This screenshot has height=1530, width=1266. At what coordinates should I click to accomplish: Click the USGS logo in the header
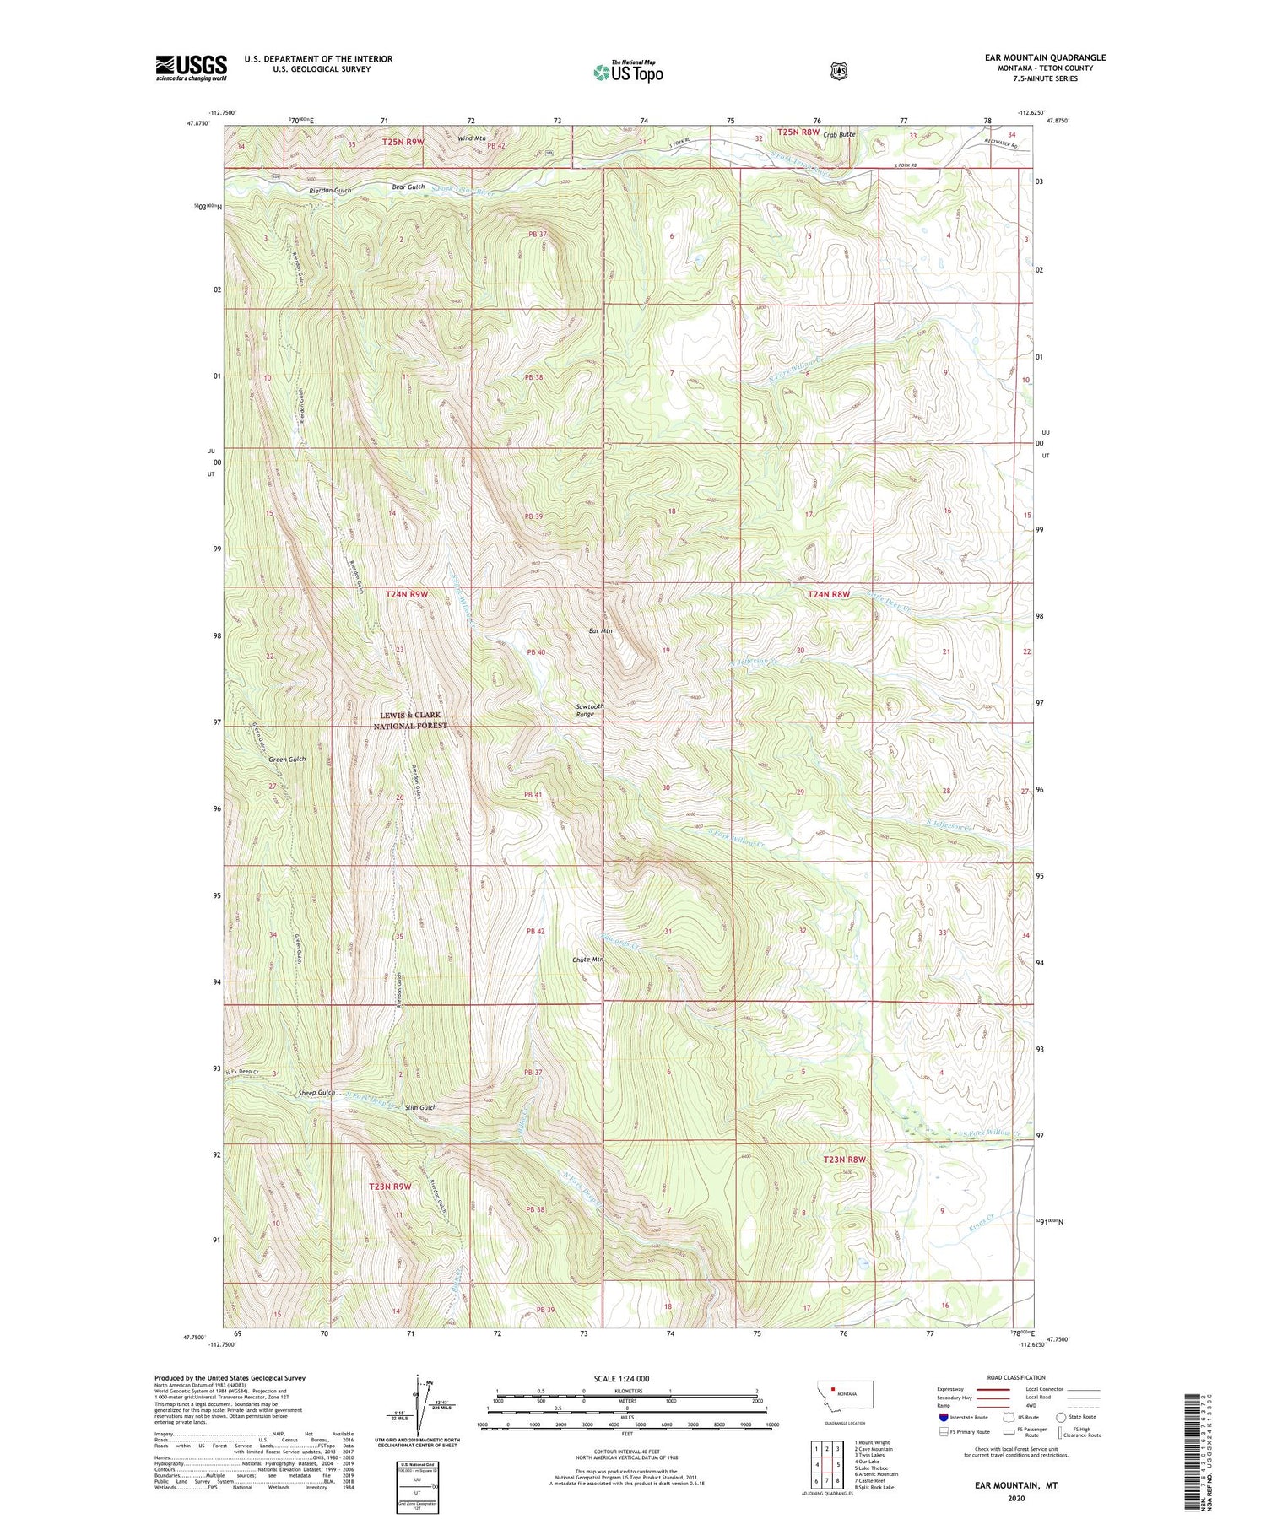[191, 68]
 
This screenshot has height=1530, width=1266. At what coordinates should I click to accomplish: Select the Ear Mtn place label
[600, 630]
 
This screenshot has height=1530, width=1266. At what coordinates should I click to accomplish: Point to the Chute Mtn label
[588, 960]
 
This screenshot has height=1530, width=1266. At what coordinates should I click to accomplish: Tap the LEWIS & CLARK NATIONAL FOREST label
[410, 720]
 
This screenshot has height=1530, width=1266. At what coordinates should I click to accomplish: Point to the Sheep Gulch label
[317, 1093]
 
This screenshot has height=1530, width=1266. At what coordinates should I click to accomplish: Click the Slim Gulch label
[420, 1107]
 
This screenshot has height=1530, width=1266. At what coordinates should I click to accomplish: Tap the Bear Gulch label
[409, 187]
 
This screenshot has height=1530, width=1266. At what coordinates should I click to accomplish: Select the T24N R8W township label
[829, 594]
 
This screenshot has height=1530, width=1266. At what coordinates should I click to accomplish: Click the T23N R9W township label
[390, 1186]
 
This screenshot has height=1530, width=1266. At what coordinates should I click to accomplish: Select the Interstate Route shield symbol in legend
[943, 1417]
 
